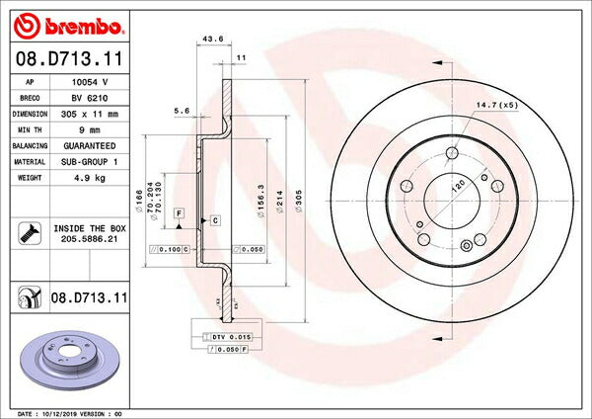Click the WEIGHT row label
30,178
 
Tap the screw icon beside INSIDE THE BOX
28,234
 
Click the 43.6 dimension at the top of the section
211,39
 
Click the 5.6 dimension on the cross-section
182,111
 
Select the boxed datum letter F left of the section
179,213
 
